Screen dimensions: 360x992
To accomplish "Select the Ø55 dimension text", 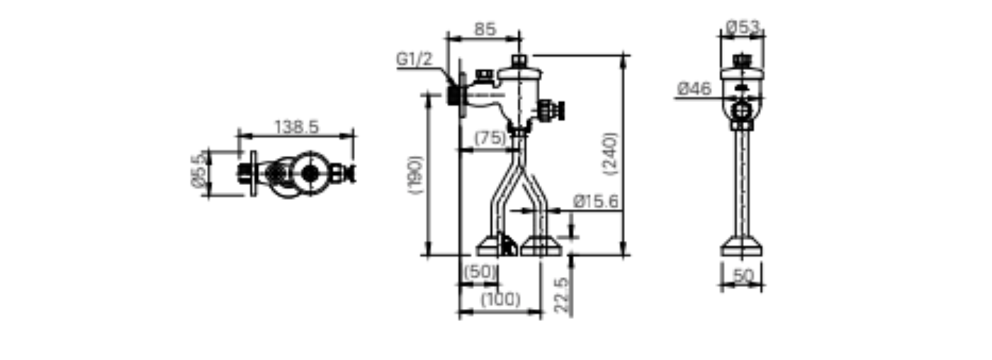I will point(200,172).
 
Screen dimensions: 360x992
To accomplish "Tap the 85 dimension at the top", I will point(485,30).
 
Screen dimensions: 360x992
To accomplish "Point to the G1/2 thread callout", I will point(414,60).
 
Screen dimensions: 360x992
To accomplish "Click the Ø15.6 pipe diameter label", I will point(596,202).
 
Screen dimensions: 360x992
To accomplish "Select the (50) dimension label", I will point(480,271).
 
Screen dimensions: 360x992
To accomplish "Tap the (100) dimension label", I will point(500,299).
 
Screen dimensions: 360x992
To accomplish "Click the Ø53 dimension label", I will point(743,28).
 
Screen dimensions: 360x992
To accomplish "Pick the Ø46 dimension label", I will point(694,89).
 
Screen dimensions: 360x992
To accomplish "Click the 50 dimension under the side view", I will point(743,276).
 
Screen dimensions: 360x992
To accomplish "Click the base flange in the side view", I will point(742,248).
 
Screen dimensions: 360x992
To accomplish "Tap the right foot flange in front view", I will point(541,247).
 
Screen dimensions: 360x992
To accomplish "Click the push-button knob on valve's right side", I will point(558,110).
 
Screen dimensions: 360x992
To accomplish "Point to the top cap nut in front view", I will point(519,60).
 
